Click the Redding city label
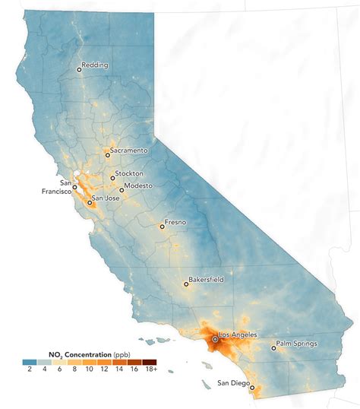[x=96, y=65]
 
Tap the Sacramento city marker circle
[x=108, y=154]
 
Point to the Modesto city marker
[x=122, y=190]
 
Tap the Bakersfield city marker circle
[x=186, y=284]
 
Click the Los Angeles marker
[x=215, y=340]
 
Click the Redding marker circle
[x=78, y=69]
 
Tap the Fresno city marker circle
[x=161, y=226]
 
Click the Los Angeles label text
[x=238, y=334]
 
